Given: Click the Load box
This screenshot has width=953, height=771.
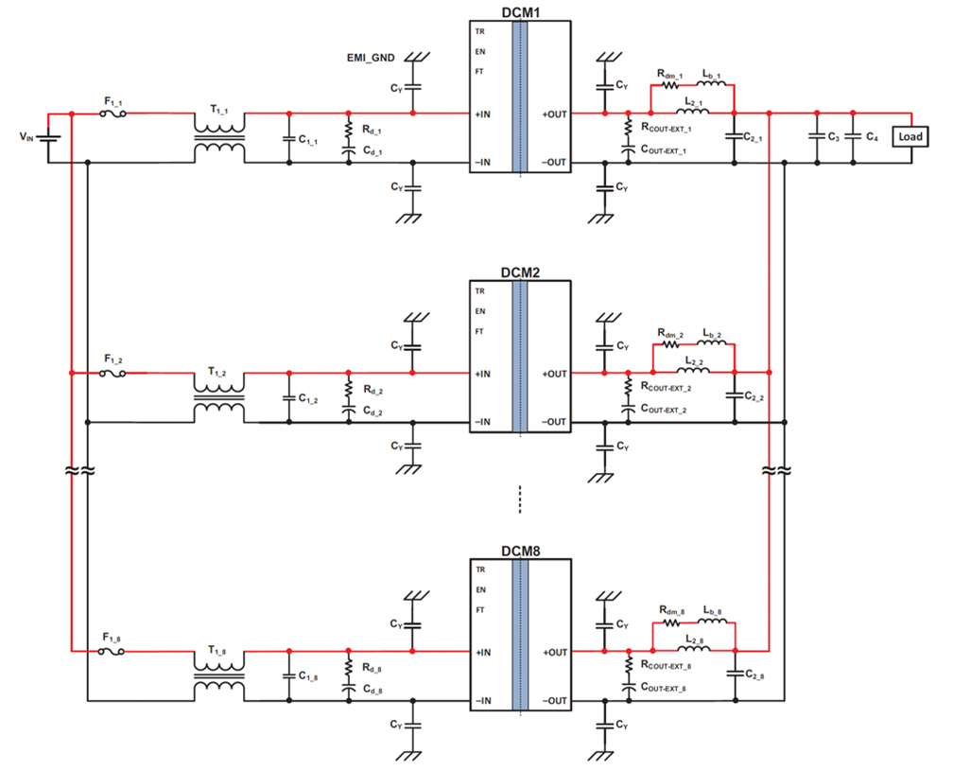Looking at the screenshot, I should tap(910, 136).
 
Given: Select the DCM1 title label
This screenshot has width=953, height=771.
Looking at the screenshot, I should tap(520, 10).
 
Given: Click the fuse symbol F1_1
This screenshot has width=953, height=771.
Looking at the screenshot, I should tap(113, 114).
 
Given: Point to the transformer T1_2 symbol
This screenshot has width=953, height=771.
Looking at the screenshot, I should tap(219, 397).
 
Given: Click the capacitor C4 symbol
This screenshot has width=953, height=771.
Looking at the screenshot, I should tap(852, 137).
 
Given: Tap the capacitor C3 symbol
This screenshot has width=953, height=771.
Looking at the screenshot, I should tap(815, 137).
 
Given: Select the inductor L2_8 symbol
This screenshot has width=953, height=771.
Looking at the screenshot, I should tap(693, 651).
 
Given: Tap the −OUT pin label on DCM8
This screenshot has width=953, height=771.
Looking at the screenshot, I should tap(554, 701).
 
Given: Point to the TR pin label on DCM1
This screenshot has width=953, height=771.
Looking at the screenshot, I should tap(479, 31).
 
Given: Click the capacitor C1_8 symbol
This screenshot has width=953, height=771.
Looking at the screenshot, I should tap(289, 676).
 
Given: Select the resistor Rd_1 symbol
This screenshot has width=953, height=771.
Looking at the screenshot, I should tap(348, 127).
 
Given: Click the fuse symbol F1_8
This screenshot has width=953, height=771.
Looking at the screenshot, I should tap(113, 652).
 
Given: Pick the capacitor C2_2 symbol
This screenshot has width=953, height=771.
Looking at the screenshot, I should tap(734, 397).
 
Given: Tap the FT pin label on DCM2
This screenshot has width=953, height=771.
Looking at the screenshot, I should tap(479, 332).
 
